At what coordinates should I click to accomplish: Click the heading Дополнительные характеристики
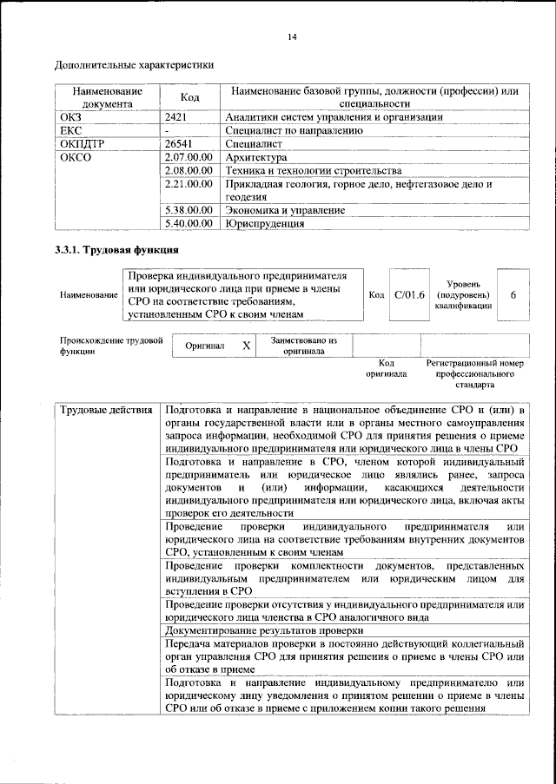[x=134, y=64]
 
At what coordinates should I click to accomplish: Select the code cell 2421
[x=176, y=116]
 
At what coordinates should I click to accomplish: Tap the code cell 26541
[x=179, y=144]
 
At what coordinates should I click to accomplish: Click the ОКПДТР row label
[x=83, y=144]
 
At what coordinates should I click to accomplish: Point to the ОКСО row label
[x=75, y=158]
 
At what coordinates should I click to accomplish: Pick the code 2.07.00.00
[x=189, y=158]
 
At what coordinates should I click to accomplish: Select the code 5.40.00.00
[x=189, y=223]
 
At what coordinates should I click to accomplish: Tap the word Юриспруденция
[x=264, y=223]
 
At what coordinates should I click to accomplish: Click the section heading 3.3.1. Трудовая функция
[x=117, y=251]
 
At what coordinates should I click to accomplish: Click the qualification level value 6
[x=513, y=295]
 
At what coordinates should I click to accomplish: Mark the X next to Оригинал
[x=246, y=346]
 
